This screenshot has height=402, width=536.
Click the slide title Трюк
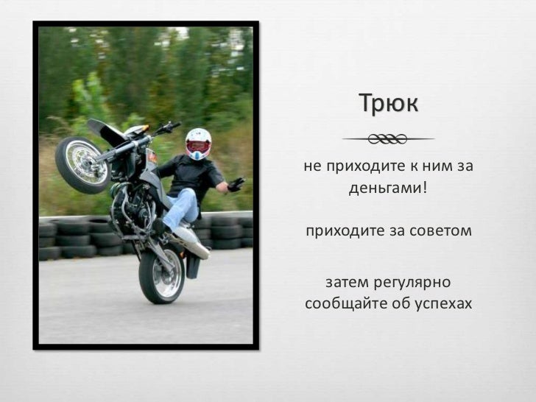click(x=388, y=104)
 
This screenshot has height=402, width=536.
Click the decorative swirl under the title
click(x=388, y=139)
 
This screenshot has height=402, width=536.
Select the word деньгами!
click(x=388, y=187)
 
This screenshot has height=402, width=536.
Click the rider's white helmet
click(x=198, y=142)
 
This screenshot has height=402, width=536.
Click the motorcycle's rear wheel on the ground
click(x=162, y=275)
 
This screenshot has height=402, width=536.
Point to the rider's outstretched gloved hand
click(x=236, y=184)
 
